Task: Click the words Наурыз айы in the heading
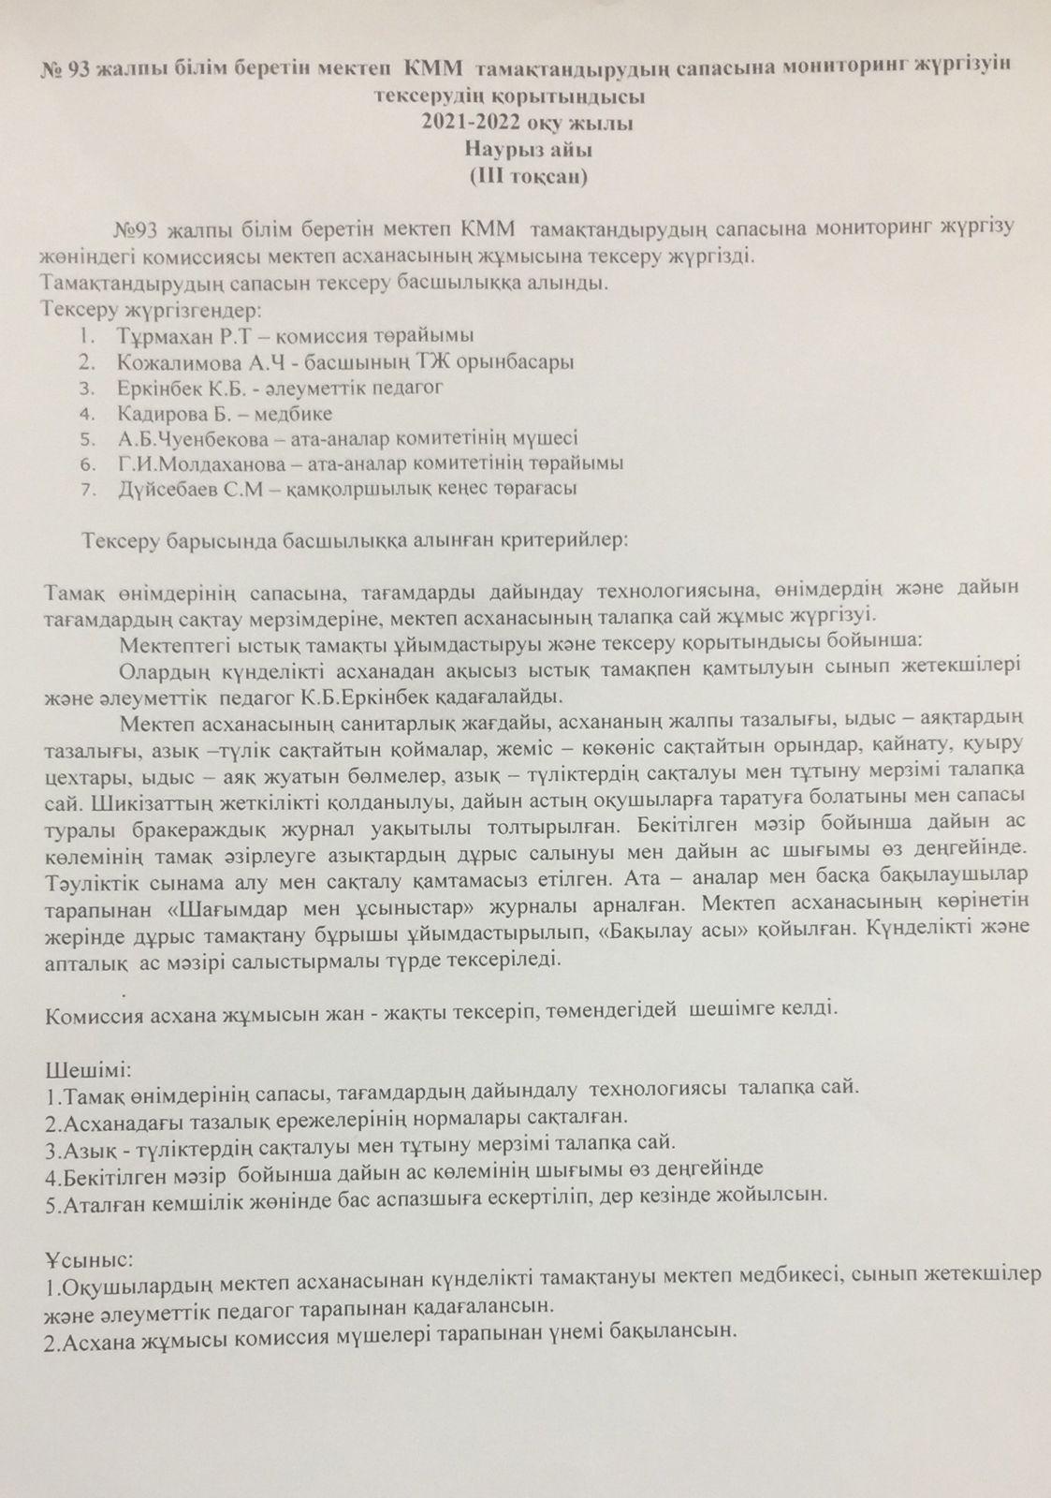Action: (526, 149)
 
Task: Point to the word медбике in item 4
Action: (301, 413)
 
